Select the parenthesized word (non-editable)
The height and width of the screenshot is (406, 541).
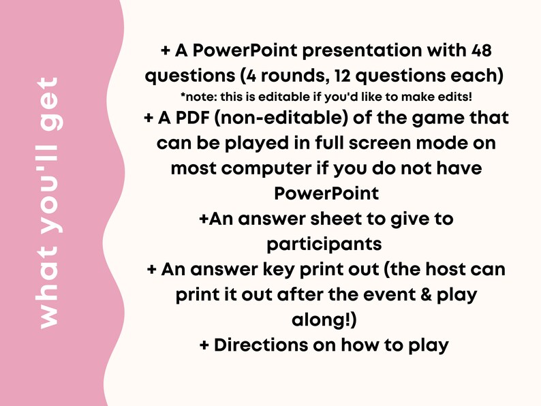click(x=291, y=119)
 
